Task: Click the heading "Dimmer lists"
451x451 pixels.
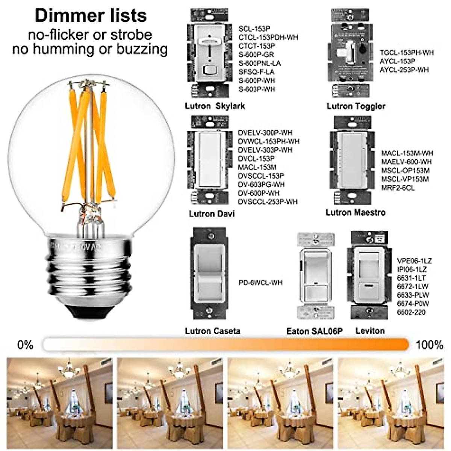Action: click(91, 16)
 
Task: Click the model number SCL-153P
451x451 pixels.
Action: click(254, 29)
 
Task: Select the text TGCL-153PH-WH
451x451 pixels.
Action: click(406, 53)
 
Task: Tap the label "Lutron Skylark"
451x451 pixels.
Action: click(215, 106)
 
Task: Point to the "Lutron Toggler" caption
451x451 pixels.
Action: click(356, 106)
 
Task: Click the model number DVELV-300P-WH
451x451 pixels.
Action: click(265, 133)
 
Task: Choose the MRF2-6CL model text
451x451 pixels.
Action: click(398, 188)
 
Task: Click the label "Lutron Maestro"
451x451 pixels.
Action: click(355, 213)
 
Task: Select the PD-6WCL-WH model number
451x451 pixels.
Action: click(260, 283)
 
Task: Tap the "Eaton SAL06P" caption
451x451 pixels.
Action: click(315, 331)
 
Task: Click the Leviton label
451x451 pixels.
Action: click(370, 331)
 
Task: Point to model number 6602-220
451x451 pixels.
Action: click(411, 312)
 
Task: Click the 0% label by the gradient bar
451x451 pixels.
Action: click(25, 345)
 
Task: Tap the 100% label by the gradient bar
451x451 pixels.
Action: click(430, 345)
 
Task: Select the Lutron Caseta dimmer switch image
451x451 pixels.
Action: click(209, 274)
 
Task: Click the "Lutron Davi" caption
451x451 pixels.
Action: click(212, 214)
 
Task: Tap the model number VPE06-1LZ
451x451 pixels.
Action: click(414, 261)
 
